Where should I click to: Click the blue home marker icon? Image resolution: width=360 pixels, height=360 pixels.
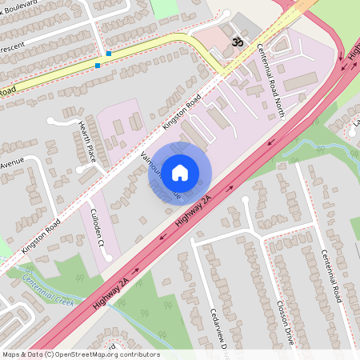point(180,172)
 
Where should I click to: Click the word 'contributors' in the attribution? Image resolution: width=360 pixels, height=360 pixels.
point(138,354)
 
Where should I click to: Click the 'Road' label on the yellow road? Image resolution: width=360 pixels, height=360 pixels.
point(6,93)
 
